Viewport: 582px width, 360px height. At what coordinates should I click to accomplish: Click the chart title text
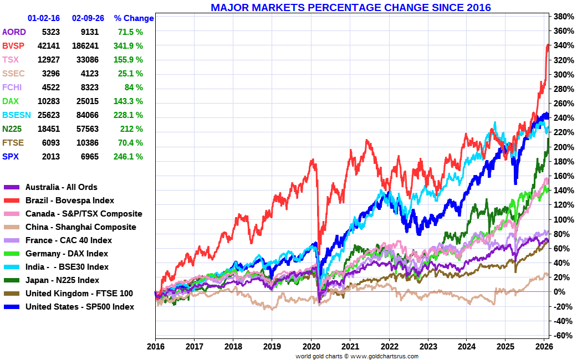tap(350, 7)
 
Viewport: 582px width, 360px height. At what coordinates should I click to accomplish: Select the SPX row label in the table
tap(11, 157)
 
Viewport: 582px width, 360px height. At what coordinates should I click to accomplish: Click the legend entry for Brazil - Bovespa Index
tap(70, 200)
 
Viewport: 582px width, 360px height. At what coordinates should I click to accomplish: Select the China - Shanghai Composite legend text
tap(80, 227)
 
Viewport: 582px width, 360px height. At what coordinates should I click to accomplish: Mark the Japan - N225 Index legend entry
tap(62, 280)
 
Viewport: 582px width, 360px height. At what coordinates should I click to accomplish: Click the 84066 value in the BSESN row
tap(85, 115)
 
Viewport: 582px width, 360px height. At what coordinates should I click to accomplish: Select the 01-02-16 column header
tap(44, 18)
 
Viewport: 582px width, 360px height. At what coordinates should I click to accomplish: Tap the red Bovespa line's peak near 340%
tap(548, 45)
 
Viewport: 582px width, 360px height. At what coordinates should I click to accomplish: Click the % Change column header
tap(134, 18)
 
